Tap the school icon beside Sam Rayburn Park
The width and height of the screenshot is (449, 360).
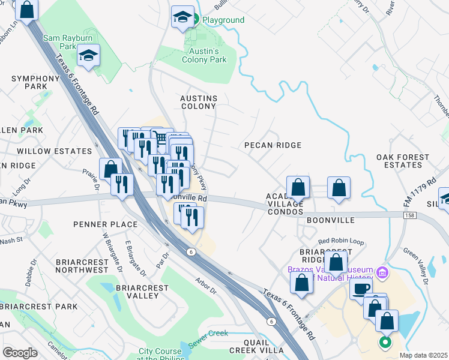[x=89, y=56]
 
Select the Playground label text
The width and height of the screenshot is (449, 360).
[x=223, y=20]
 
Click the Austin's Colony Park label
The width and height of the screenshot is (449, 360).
[x=204, y=56]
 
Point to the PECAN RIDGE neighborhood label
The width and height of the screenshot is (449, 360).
[x=272, y=145]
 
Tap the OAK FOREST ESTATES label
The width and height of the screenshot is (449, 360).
[x=403, y=161]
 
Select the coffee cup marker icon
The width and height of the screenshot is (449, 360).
[x=361, y=289]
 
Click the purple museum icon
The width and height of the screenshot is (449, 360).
[x=380, y=274]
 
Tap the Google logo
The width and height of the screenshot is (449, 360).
[x=20, y=353]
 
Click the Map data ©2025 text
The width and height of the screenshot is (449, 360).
[x=423, y=355]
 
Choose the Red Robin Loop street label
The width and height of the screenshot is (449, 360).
[x=341, y=241]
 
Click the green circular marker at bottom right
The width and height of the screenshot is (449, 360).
[x=385, y=343]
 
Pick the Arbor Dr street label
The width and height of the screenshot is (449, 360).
[x=205, y=287]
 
